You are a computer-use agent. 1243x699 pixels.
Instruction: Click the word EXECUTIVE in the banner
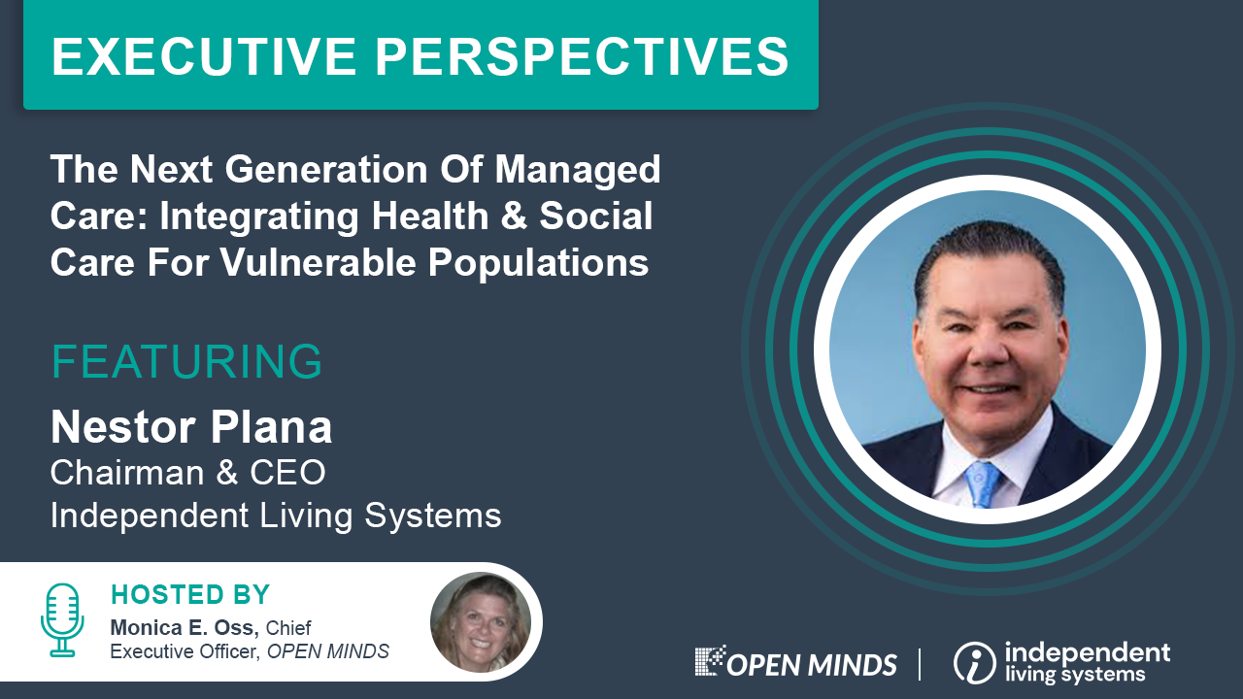pos(204,56)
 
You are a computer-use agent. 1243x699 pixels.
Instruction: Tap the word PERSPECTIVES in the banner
pos(582,56)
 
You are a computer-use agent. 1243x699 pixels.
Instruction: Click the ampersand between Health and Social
pos(514,216)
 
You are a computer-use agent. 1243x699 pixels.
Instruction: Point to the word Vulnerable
pos(318,262)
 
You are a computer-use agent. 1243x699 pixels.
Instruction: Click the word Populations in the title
pos(538,263)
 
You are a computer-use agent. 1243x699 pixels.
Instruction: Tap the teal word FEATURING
pos(186,362)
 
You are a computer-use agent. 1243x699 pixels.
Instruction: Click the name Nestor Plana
pos(191,427)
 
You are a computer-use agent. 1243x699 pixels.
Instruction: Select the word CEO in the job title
pos(287,473)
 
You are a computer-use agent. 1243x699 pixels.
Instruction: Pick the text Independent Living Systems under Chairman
pos(276,516)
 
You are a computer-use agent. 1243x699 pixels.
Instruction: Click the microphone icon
pos(62,620)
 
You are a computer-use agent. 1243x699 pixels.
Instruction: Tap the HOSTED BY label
pos(189,595)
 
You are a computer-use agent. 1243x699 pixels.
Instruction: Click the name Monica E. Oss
pos(185,628)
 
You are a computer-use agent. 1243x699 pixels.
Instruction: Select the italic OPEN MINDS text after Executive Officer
pos(328,651)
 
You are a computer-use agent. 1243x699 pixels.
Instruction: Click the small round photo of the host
pos(481,622)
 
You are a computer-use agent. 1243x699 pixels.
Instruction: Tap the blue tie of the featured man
pos(984,483)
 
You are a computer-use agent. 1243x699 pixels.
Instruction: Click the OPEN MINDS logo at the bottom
pos(795,662)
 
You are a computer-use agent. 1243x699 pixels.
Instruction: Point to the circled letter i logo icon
pos(974,663)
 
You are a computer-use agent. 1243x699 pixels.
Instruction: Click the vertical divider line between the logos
pos(920,664)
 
